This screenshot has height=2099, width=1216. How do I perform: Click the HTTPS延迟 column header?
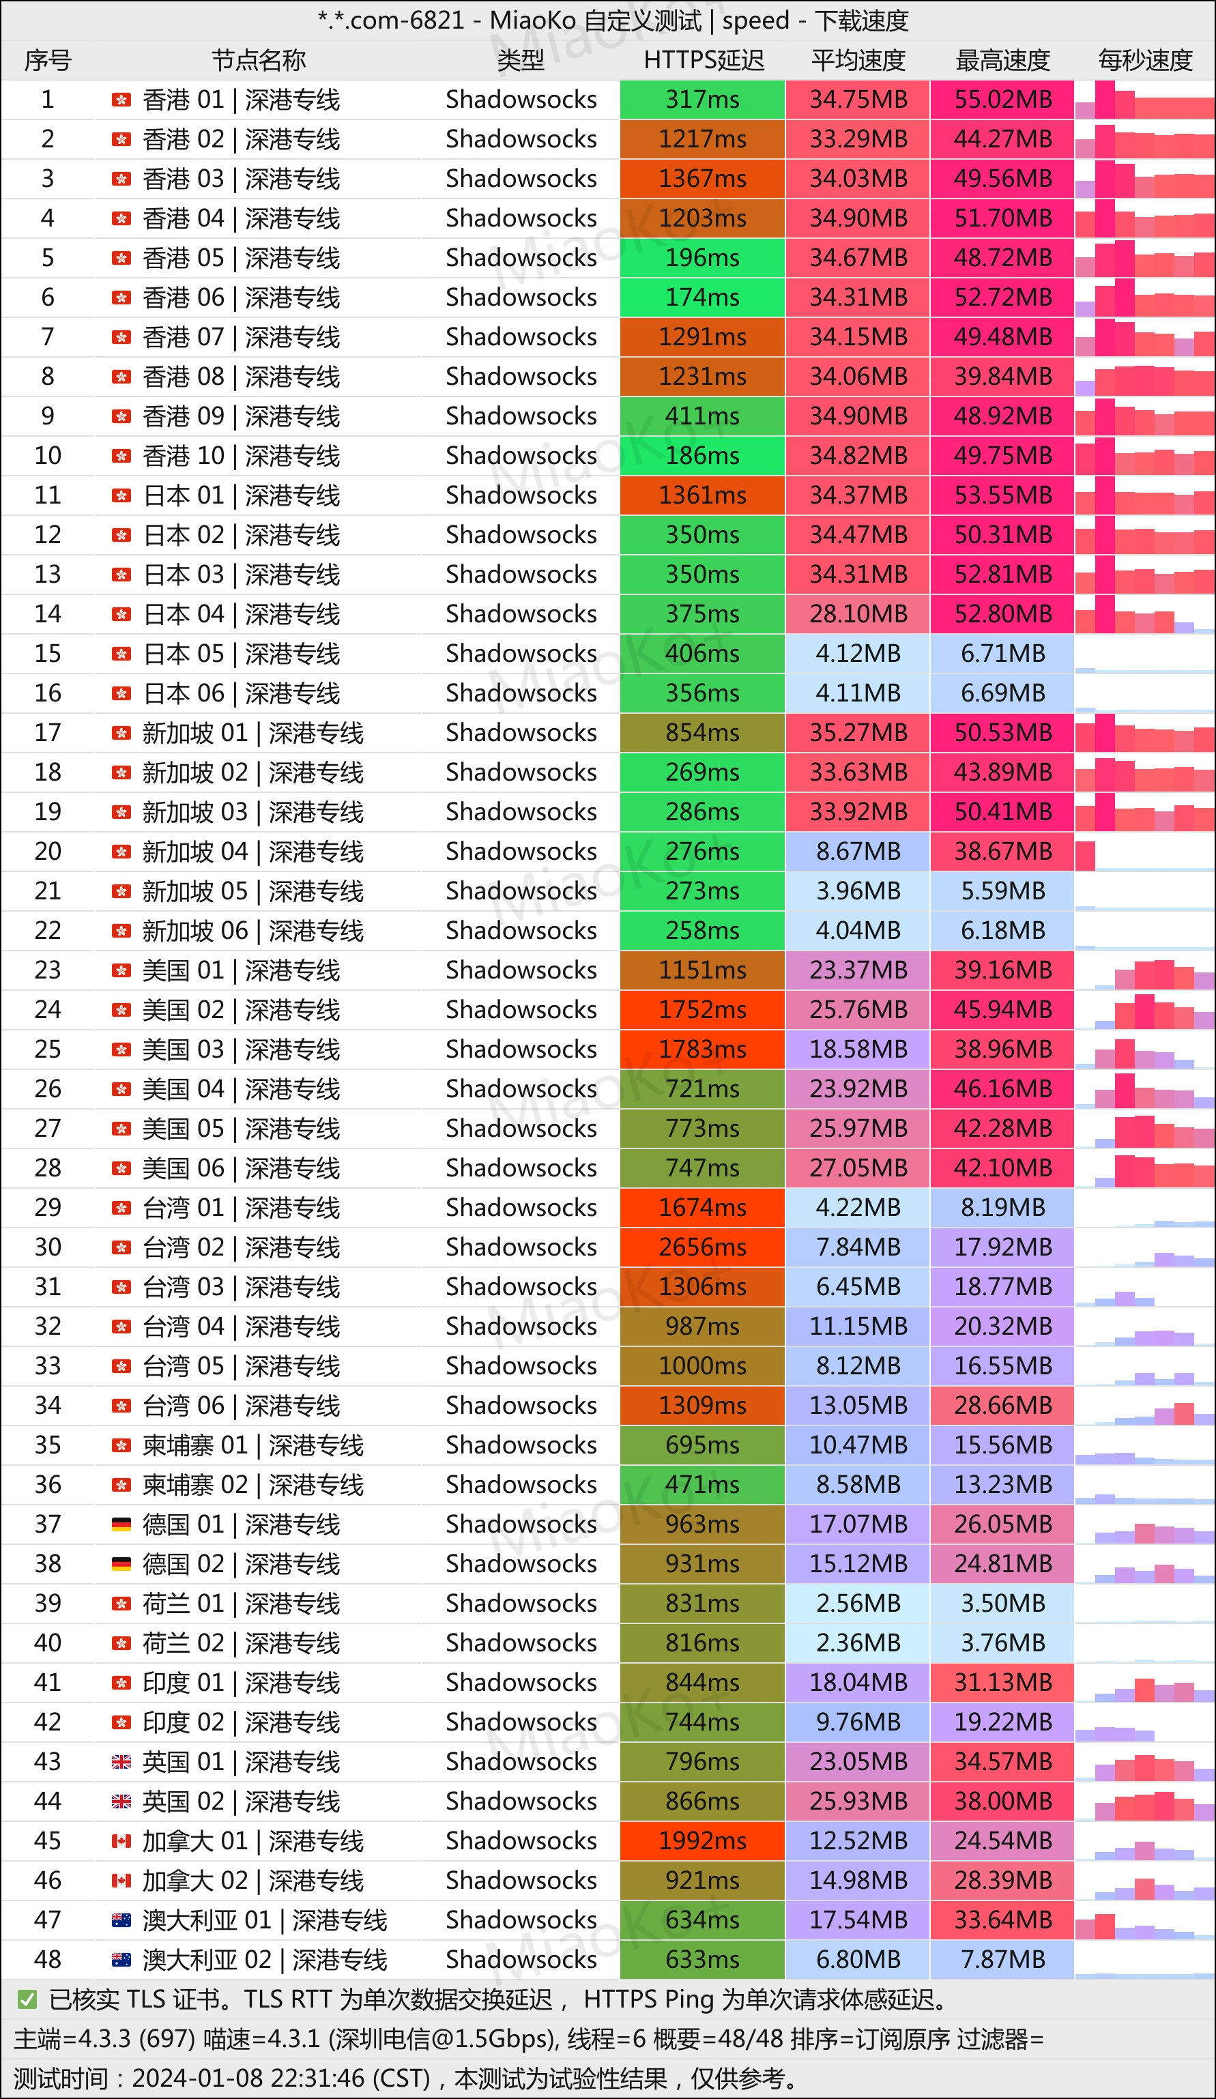coord(703,60)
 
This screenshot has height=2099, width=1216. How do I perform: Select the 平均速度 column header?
coord(858,60)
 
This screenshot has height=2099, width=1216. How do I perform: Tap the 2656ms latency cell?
coord(702,1247)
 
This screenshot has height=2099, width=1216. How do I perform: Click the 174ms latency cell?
coord(702,298)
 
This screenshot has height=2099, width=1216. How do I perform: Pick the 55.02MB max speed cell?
coord(1002,100)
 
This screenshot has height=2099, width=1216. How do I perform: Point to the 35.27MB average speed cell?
coord(858,733)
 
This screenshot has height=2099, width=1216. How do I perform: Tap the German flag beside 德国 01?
coord(121,1524)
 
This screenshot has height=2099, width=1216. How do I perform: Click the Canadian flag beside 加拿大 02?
coord(121,1880)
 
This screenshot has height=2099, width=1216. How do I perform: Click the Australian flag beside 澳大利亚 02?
coord(121,1959)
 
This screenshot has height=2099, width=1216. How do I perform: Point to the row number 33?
coord(48,1366)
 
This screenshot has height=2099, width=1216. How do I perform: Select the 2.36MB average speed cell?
coord(858,1642)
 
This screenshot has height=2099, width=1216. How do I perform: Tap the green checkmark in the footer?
coord(27,1999)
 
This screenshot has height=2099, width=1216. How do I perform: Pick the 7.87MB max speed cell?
coord(1002,1959)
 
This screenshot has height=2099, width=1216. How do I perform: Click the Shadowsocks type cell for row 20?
coord(521,851)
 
